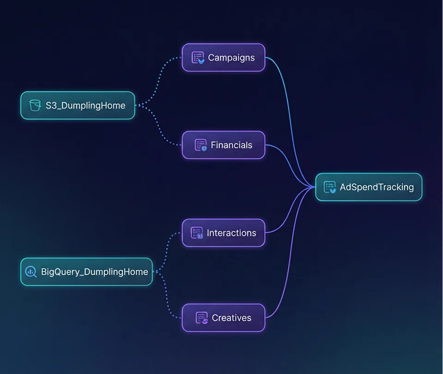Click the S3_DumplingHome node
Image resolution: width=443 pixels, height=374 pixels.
[78, 105]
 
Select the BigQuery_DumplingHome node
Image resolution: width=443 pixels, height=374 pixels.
[86, 272]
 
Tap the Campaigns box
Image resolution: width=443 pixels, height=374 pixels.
[224, 58]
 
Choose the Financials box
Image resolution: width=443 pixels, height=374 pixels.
[224, 145]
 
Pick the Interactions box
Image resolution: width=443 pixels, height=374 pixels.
[224, 233]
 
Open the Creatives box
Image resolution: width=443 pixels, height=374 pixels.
[224, 318]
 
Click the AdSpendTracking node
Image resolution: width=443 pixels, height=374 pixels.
[369, 187]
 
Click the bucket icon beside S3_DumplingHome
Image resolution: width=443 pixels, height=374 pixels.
[35, 105]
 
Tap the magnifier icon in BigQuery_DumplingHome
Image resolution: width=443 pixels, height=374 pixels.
[31, 272]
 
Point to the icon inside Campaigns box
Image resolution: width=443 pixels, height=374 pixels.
[198, 58]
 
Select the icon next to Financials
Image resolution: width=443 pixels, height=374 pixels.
[200, 145]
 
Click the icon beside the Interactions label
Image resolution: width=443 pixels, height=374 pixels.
[197, 233]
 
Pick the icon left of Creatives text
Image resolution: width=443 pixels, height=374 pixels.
[202, 318]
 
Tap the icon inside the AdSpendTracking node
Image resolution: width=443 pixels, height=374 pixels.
[330, 187]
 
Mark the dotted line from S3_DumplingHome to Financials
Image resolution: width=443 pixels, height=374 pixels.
[157, 127]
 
